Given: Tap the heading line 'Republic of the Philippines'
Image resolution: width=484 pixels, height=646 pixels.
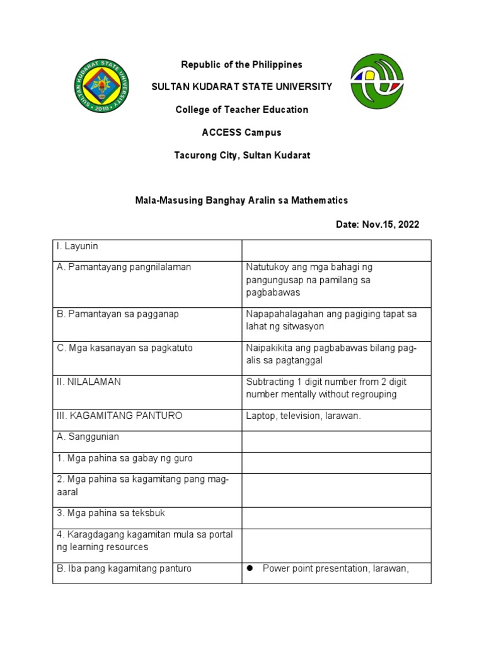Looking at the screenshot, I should coord(242,64).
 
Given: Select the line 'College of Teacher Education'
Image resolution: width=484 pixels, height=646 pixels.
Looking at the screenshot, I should coord(242,110).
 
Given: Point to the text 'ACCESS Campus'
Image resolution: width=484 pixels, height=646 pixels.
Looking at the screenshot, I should coord(242,132).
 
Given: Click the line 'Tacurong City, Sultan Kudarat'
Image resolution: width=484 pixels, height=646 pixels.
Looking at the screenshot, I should coord(242,155).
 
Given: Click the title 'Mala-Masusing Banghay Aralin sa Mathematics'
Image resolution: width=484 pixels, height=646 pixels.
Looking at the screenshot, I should coord(242,200).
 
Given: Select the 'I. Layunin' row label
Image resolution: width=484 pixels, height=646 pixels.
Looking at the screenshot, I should coord(78,246).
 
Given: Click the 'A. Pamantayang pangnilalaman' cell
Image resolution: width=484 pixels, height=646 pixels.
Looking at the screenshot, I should coord(124,267).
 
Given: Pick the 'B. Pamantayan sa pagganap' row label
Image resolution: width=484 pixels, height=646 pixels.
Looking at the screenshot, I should coord(118,314).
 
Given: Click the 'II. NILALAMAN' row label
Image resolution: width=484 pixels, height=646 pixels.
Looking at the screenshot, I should coord(89,382).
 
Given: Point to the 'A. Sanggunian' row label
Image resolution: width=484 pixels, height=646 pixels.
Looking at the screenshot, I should coord(88,437).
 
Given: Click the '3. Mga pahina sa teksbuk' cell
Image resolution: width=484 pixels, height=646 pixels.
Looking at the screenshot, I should coord(111,514).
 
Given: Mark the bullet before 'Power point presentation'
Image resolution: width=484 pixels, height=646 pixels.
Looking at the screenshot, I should coord(250,568).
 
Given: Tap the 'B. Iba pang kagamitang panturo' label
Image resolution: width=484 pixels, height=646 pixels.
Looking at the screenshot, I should coord(124,568).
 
